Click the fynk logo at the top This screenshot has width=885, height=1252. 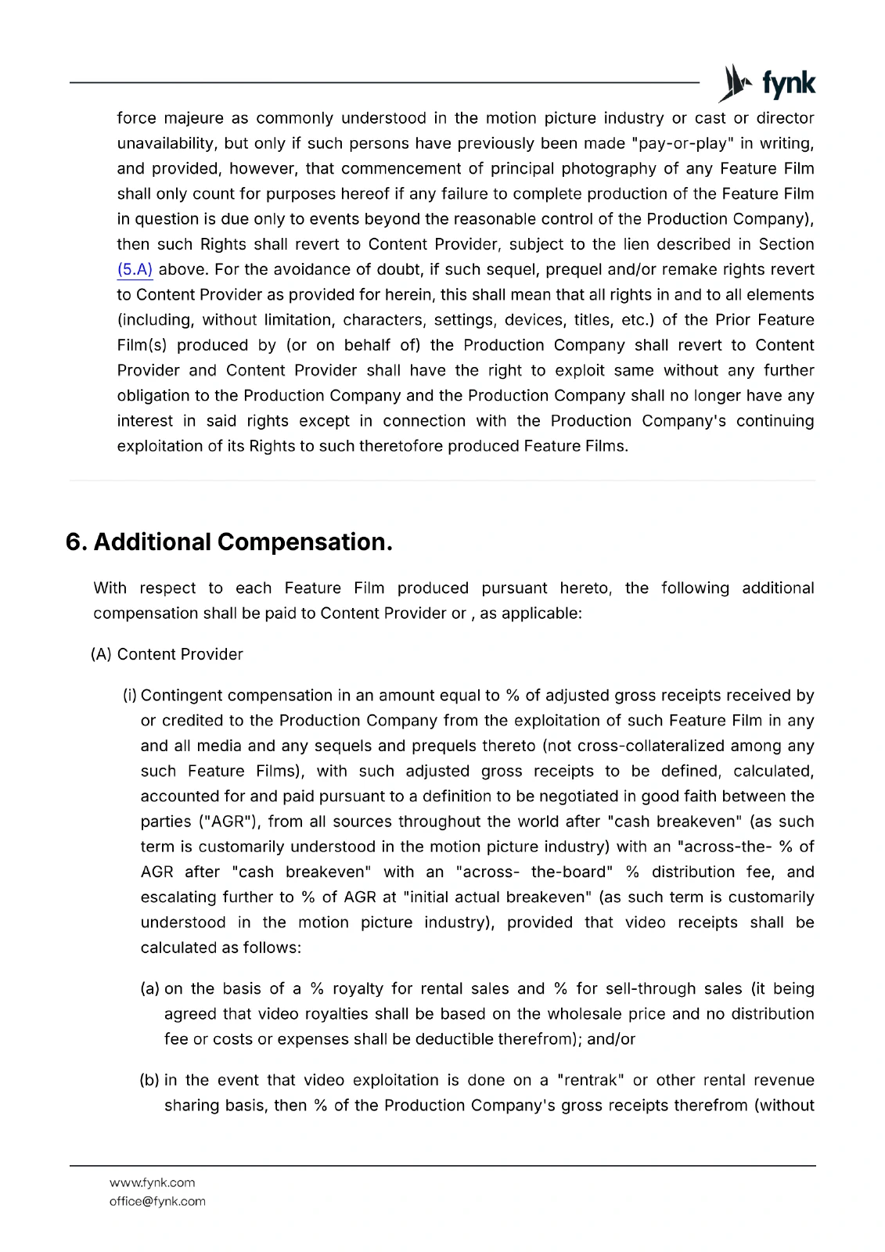[x=767, y=84]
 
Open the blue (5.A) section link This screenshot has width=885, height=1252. [x=135, y=270]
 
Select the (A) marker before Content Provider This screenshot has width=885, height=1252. [x=102, y=654]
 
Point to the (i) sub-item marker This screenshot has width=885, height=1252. [x=130, y=696]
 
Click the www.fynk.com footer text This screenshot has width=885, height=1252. [x=152, y=1182]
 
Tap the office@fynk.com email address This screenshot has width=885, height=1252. [x=157, y=1201]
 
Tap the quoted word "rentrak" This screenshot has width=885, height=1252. [x=589, y=1081]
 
